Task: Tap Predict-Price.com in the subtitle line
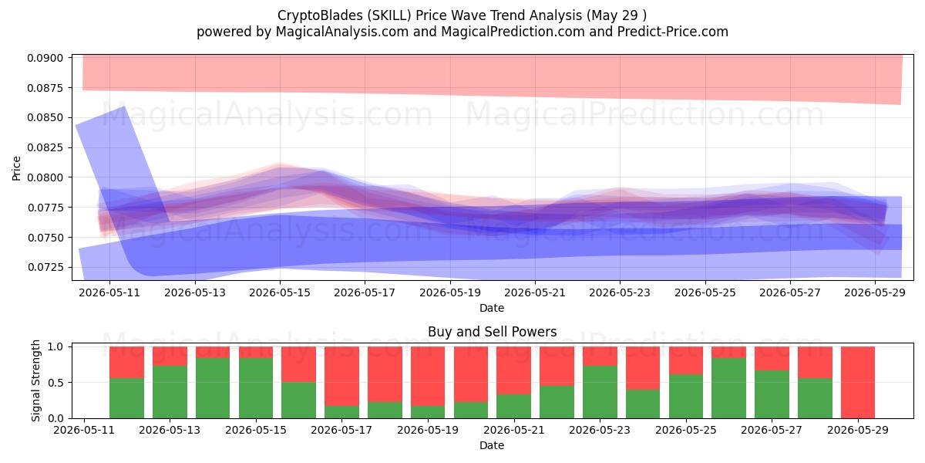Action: [673, 32]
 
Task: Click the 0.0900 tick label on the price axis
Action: [45, 58]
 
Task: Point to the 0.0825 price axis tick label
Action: [45, 147]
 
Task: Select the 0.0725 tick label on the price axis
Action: [45, 267]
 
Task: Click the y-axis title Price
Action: [16, 168]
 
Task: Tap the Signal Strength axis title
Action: [35, 380]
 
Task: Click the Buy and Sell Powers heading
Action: [493, 332]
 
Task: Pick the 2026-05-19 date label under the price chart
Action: [450, 292]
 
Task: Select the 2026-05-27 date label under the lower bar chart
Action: [772, 430]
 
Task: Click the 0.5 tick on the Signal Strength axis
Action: [55, 383]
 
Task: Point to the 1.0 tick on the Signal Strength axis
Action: [55, 346]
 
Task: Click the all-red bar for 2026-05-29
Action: [858, 383]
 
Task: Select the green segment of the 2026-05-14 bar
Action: [213, 388]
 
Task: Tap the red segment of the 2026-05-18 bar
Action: [385, 374]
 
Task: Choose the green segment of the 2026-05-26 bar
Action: [729, 388]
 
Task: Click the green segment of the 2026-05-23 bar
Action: [600, 392]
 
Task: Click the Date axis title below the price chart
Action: [492, 308]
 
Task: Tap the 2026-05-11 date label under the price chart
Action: [109, 292]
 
